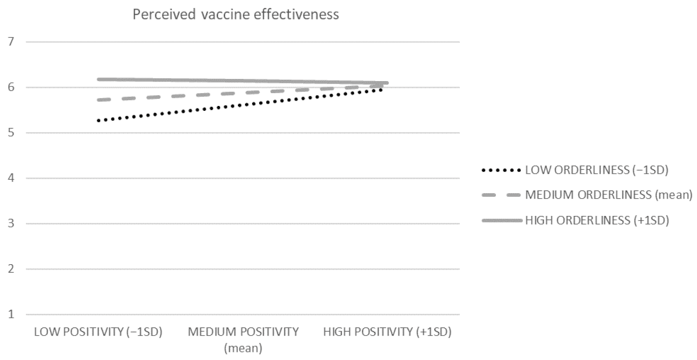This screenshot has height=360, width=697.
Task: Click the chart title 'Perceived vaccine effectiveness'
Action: [x=236, y=15]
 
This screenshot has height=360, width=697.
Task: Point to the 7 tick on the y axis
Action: [x=11, y=42]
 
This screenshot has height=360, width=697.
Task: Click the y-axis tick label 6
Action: [x=11, y=87]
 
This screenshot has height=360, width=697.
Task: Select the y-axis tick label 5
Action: [x=11, y=133]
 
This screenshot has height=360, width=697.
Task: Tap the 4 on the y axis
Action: [x=11, y=178]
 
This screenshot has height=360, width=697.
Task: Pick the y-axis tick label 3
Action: [x=11, y=224]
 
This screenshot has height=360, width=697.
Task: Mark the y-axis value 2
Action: [x=11, y=269]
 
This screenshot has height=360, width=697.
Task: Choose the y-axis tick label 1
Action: [x=11, y=315]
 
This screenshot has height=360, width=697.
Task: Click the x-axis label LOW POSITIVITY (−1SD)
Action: [x=98, y=332]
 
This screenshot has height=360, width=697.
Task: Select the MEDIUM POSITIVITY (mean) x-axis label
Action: [x=243, y=340]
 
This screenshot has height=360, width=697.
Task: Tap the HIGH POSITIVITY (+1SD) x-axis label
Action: [x=387, y=332]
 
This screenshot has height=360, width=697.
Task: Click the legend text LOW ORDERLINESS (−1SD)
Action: [x=596, y=170]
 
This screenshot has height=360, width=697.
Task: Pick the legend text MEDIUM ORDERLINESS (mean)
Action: [x=608, y=195]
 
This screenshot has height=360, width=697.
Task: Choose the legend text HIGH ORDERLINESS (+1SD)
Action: [x=597, y=220]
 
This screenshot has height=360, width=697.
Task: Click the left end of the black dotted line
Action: [x=98, y=121]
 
